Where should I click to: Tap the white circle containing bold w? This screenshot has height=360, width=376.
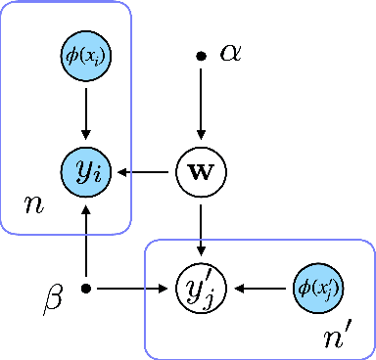[201, 173]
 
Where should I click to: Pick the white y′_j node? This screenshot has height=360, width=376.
[201, 289]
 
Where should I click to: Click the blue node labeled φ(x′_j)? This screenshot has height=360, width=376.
[315, 289]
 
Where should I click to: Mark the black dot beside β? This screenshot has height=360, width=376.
[86, 289]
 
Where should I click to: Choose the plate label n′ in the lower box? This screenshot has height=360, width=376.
[336, 337]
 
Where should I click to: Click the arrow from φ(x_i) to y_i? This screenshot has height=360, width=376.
[86, 113]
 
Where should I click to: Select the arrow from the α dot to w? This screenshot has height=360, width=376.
[201, 103]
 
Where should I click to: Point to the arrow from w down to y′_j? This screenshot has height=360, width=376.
[201, 231]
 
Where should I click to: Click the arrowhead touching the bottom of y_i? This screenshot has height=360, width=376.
[86, 206]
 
